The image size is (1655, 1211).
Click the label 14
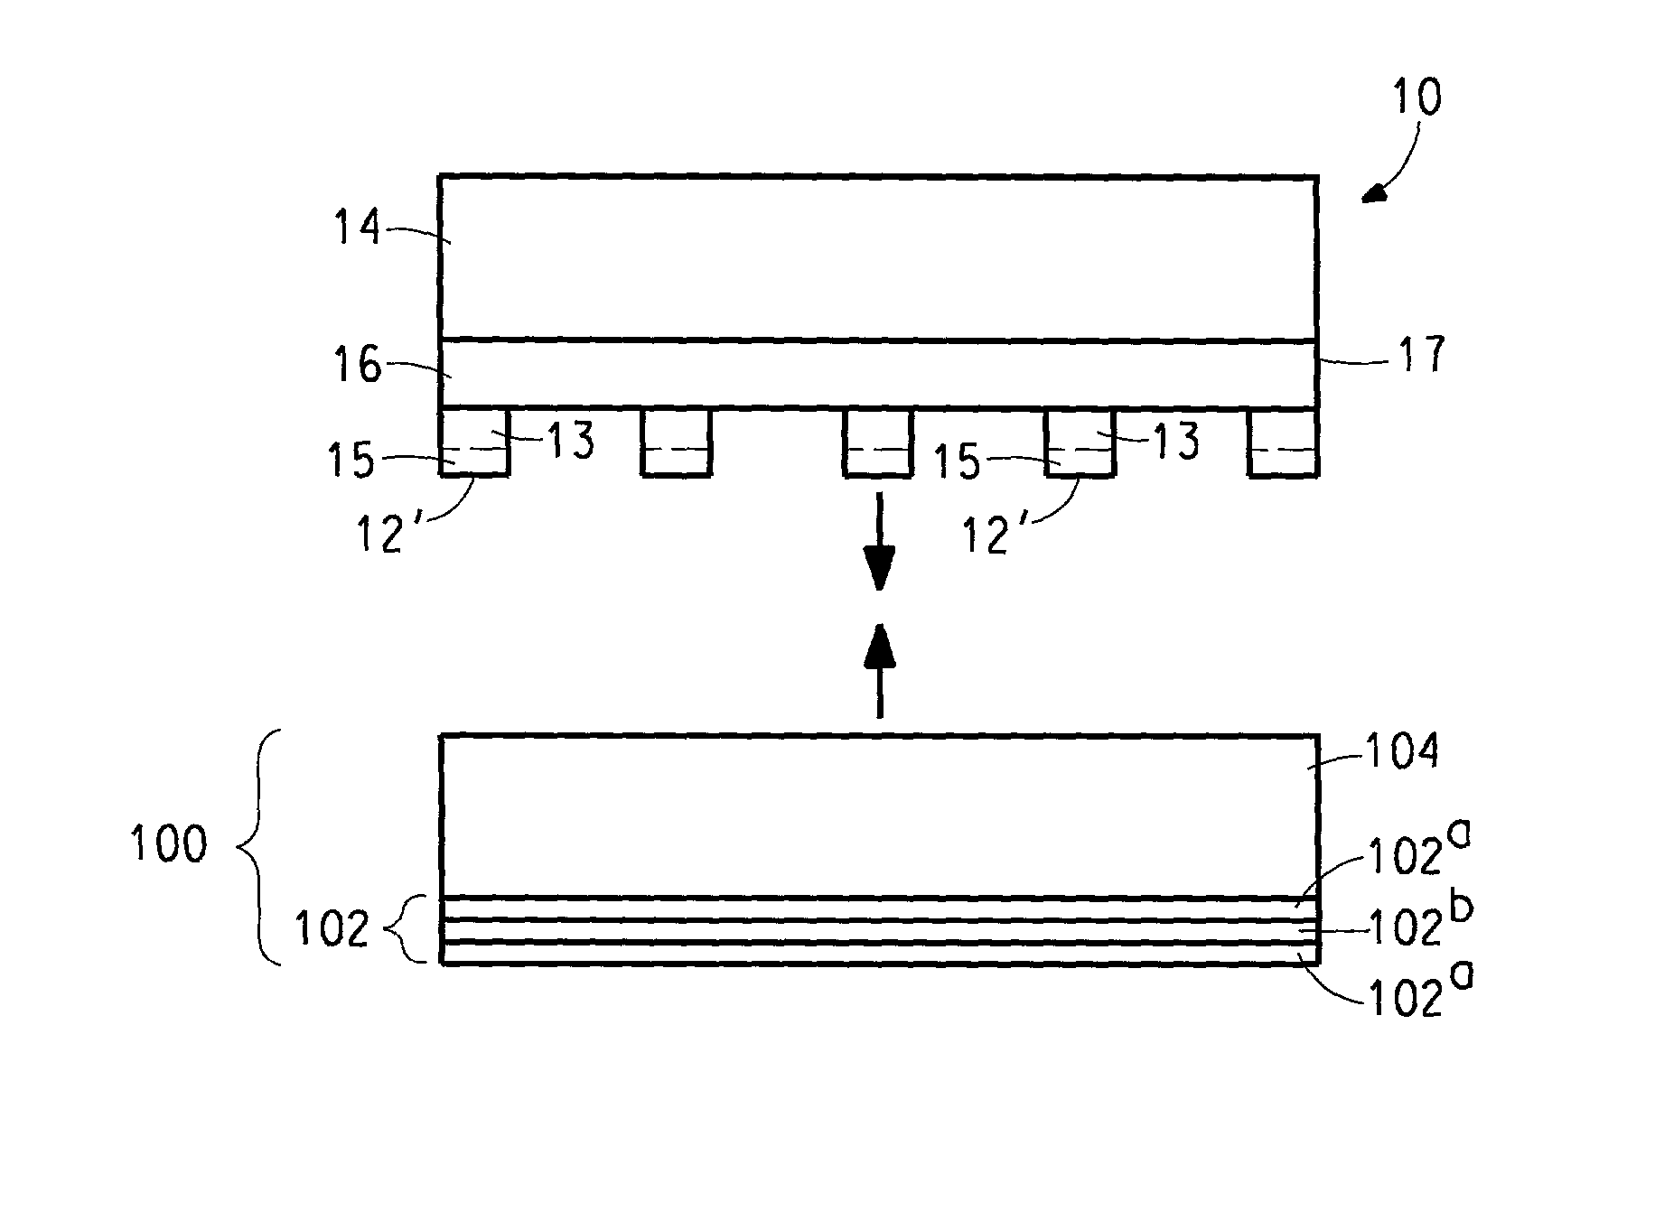click(359, 227)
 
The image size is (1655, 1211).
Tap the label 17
click(1421, 355)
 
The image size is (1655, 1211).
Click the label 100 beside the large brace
click(169, 845)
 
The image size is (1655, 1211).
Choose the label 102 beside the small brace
click(332, 928)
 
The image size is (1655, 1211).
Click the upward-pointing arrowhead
click(879, 645)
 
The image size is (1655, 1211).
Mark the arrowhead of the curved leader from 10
click(1375, 192)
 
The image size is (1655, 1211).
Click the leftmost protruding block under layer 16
click(474, 442)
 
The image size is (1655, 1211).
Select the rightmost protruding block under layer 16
click(1283, 442)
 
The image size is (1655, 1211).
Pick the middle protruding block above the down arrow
click(878, 442)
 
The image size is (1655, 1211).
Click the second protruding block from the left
click(677, 442)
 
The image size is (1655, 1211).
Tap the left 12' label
click(379, 536)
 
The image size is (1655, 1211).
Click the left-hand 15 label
click(351, 461)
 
